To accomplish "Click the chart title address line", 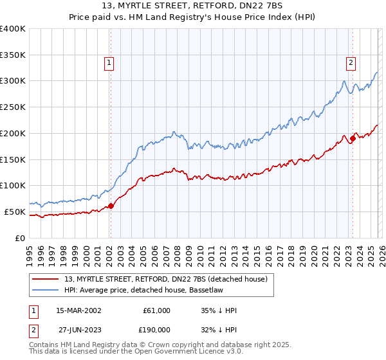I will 192,6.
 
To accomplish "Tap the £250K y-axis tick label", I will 13,107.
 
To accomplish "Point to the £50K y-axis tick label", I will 15,212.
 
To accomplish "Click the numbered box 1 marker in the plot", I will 109,63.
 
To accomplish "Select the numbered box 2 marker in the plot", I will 351,63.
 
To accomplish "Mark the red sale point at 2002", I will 111,206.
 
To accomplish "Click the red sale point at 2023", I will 353,138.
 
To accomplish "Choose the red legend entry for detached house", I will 170,278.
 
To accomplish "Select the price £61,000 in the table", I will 156,310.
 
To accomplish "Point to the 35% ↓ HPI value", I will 219,310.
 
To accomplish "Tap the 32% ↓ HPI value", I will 219,329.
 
